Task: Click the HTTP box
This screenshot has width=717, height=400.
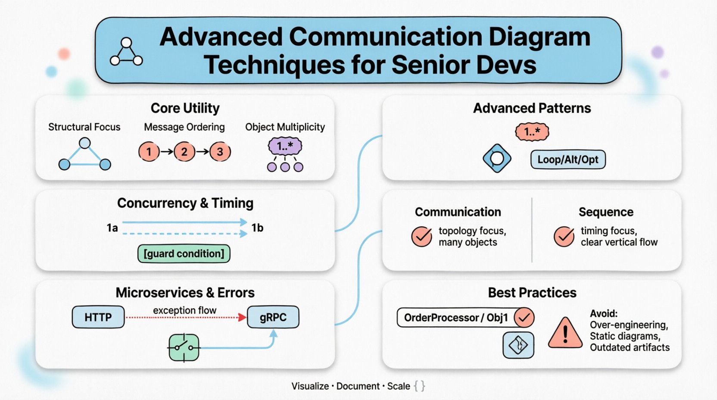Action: [98, 317]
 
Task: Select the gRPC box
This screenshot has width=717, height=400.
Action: [273, 317]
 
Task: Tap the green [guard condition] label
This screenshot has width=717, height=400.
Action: [184, 253]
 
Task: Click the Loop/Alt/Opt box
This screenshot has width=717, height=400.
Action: [567, 159]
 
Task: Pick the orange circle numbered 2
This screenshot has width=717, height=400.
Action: [184, 152]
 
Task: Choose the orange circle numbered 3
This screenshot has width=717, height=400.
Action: [220, 152]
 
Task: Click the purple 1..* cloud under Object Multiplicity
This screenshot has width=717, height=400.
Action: [285, 147]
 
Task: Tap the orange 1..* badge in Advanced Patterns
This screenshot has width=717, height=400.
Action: [532, 132]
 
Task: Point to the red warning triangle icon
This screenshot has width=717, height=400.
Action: [565, 333]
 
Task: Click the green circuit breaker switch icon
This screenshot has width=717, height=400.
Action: [184, 347]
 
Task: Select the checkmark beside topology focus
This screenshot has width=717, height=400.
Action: [421, 237]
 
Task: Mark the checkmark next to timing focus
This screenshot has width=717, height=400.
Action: [564, 237]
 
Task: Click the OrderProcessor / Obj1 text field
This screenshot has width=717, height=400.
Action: [456, 318]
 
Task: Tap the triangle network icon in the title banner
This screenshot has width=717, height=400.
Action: [126, 53]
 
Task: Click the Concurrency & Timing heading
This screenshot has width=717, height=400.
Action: [185, 203]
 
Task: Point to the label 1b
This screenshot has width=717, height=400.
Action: [257, 228]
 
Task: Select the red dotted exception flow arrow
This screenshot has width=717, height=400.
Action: [185, 318]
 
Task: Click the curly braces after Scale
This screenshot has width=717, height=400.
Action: [419, 386]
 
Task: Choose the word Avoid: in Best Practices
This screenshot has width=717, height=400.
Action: [604, 313]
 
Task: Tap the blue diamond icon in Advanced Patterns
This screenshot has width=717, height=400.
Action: [497, 159]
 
